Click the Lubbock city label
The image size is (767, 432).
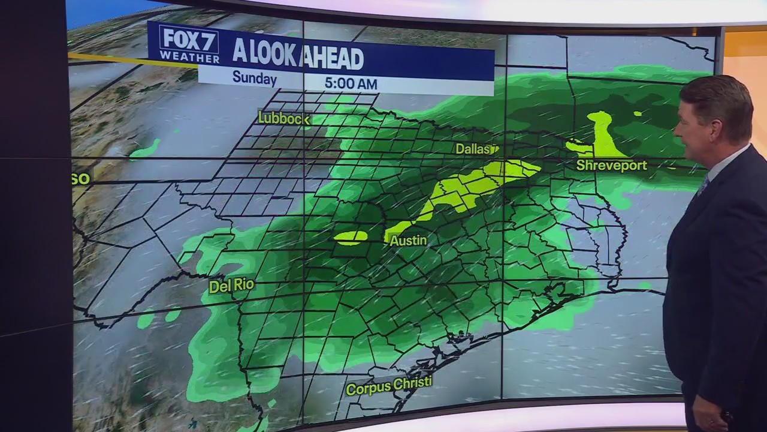(284, 118)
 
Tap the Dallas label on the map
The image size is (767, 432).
(475, 149)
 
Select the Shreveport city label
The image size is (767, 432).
(611, 165)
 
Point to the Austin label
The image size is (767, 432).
(408, 241)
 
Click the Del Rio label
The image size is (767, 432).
(231, 286)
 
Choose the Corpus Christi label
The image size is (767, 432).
(388, 386)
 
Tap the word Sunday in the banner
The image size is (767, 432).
(255, 78)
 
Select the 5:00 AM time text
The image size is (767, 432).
(351, 82)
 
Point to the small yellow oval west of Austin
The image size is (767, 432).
(351, 237)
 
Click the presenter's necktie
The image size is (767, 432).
(702, 185)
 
